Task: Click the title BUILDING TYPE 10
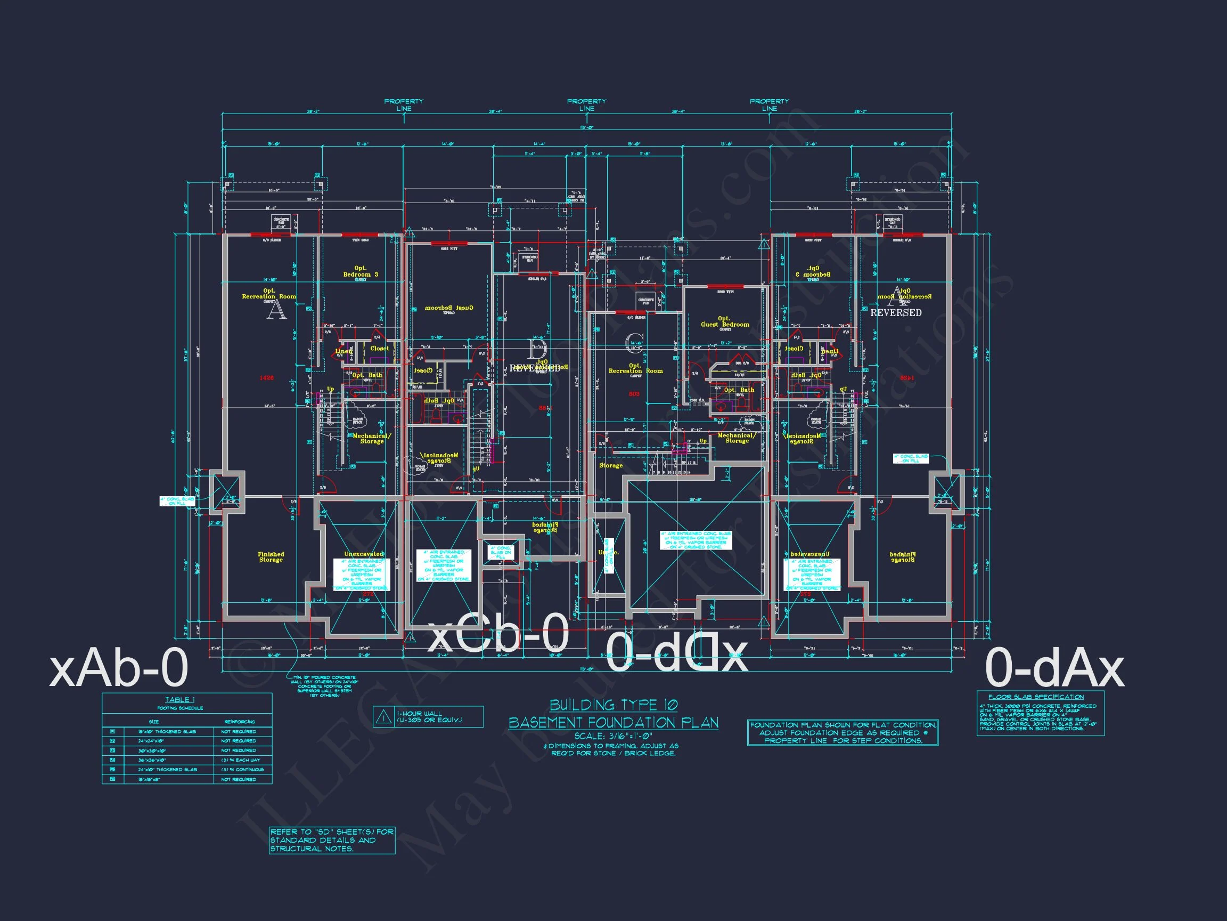(x=613, y=705)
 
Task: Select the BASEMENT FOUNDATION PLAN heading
(x=613, y=722)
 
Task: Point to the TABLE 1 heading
(x=181, y=700)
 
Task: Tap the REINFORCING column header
(x=240, y=722)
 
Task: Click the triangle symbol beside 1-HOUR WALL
(x=383, y=717)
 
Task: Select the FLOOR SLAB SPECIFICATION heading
(x=1036, y=697)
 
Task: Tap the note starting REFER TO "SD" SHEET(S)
(x=332, y=840)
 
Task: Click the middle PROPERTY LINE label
(x=586, y=105)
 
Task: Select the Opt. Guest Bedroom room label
(x=724, y=322)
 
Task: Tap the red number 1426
(x=266, y=378)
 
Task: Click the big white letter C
(x=634, y=344)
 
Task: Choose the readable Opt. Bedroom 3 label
(x=361, y=271)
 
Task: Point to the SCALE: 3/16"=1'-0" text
(x=613, y=736)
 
